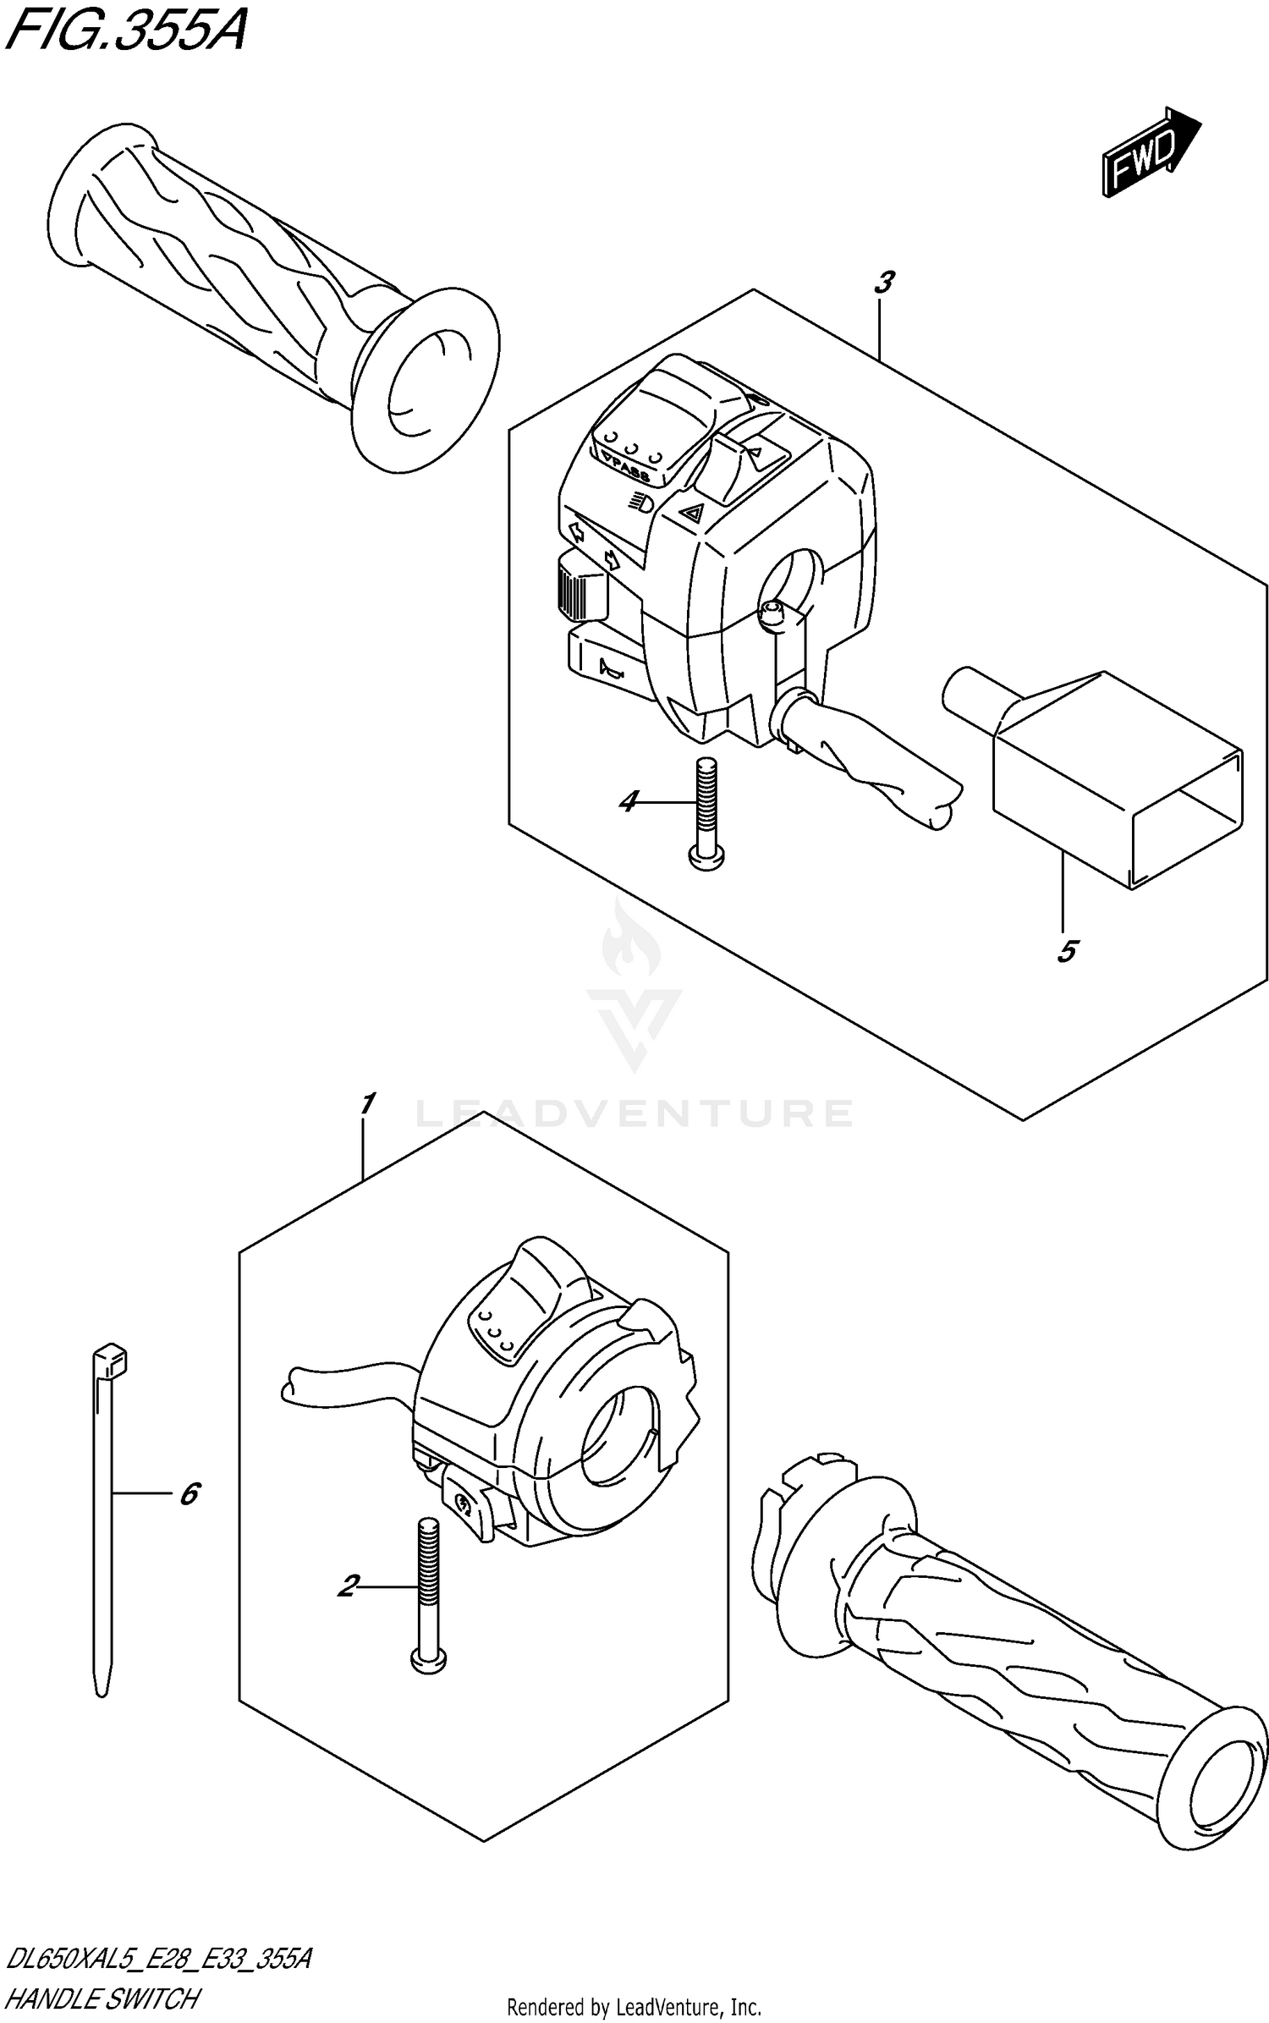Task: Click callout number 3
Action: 883,283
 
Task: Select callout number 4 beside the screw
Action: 628,800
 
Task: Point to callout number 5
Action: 1066,951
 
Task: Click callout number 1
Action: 366,1103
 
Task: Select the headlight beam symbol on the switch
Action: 640,503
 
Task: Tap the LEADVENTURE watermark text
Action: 634,1113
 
